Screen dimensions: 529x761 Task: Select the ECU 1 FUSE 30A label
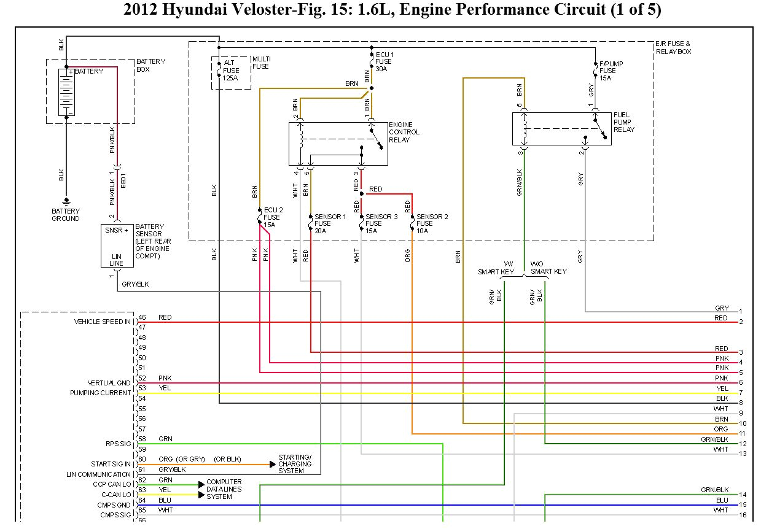[x=384, y=62]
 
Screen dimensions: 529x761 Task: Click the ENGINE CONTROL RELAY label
[x=404, y=132]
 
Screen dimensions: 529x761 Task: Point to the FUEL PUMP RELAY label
[x=623, y=122]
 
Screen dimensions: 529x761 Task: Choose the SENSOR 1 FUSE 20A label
[x=330, y=223]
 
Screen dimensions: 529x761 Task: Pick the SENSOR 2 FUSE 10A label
[x=432, y=223]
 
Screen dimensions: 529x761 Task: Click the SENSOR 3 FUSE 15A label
[x=381, y=223]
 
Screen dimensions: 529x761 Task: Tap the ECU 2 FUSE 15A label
[x=273, y=217]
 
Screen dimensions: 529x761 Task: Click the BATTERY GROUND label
[x=66, y=215]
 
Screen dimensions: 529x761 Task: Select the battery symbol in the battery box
[x=66, y=92]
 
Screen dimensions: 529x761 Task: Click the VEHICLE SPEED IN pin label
[x=102, y=322]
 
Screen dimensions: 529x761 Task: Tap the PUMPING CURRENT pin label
[x=100, y=393]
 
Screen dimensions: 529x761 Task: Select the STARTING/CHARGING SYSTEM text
[x=295, y=464]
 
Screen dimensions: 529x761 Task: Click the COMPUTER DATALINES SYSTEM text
[x=224, y=489]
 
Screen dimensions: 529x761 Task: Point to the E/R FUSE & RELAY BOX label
[x=673, y=48]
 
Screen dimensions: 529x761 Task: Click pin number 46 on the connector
[x=142, y=317]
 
